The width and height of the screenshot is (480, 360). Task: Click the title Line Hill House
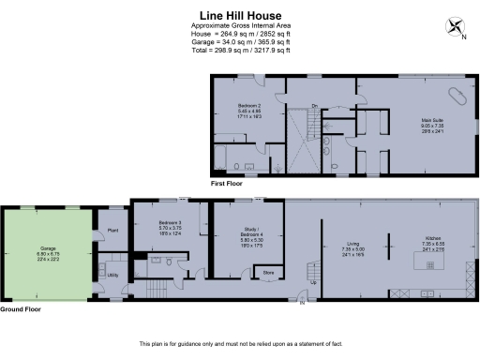click(240, 14)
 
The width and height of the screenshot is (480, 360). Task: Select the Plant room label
click(112, 230)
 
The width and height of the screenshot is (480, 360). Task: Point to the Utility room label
click(112, 275)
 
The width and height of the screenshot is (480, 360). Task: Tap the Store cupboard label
click(267, 274)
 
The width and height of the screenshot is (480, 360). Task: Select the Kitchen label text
click(433, 241)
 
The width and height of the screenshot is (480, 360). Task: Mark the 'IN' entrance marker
click(302, 303)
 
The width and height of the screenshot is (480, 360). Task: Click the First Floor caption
click(229, 185)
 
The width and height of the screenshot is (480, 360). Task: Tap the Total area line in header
click(240, 50)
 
